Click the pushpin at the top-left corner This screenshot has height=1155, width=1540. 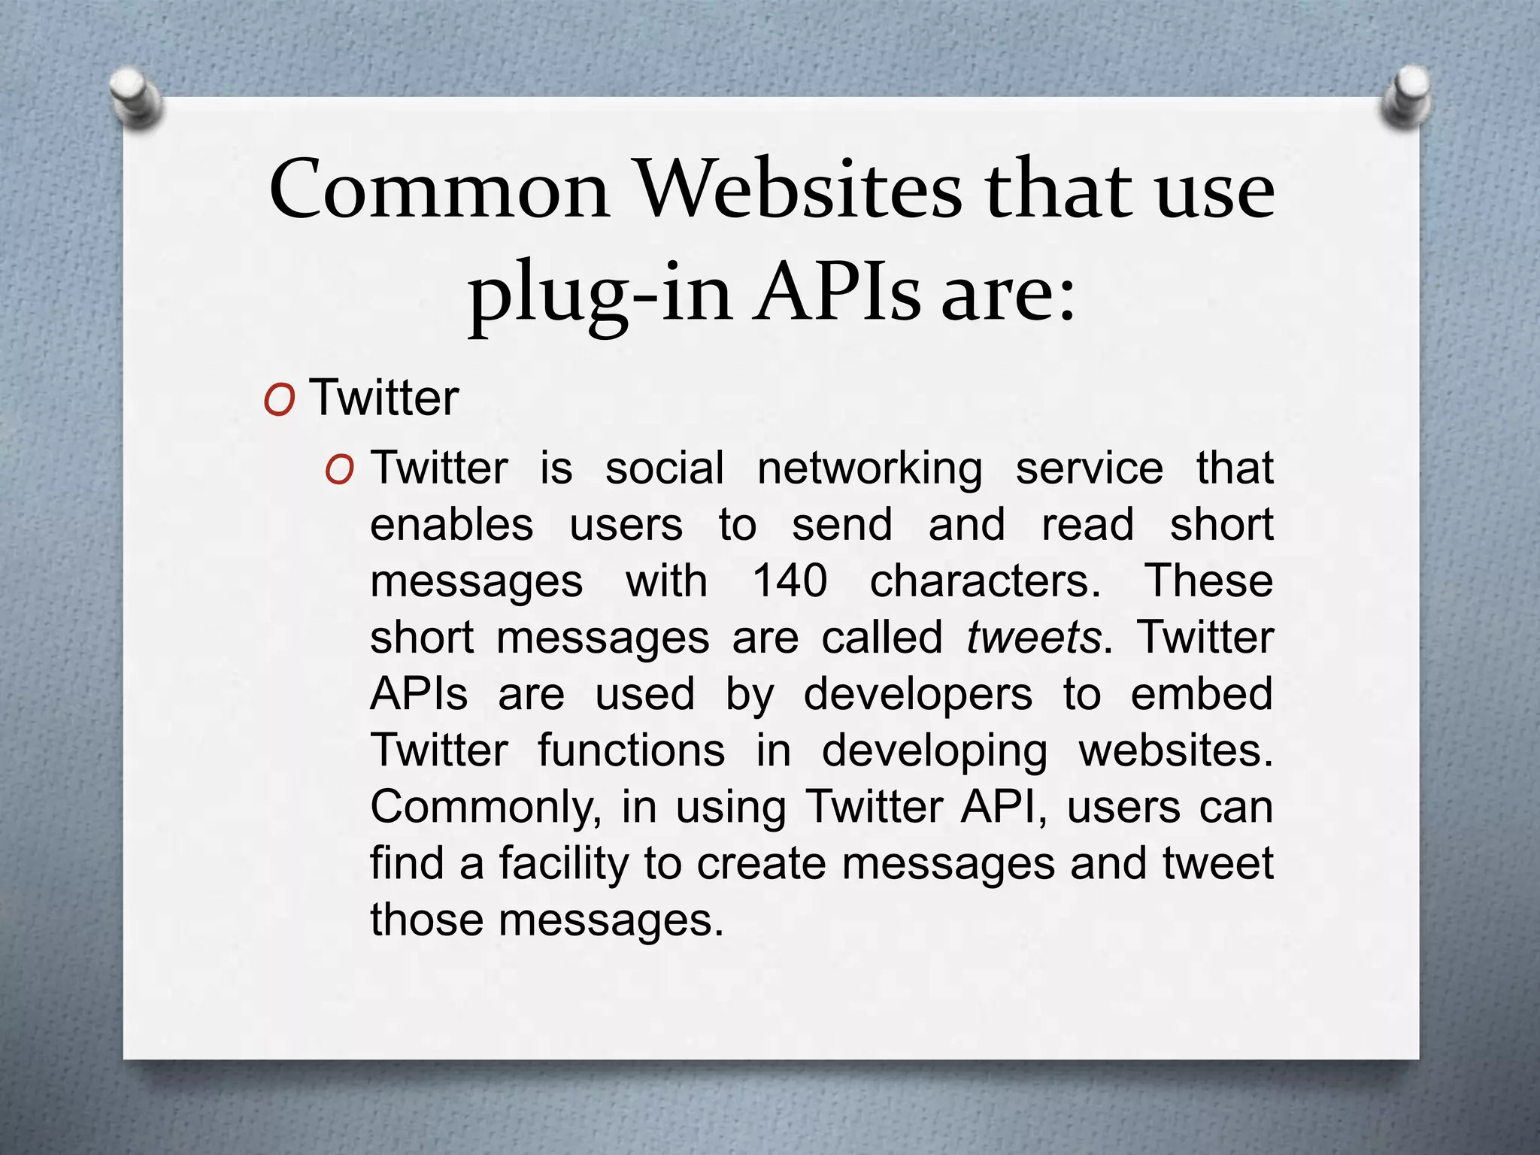(x=135, y=96)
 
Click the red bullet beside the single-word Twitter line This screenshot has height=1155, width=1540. (x=279, y=400)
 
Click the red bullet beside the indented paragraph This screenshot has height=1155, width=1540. (x=340, y=471)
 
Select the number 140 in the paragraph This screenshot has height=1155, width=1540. (x=790, y=581)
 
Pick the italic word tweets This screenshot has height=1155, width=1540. (x=1034, y=638)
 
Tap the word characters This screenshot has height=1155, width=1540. (x=985, y=581)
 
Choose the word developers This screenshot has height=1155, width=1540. (x=918, y=695)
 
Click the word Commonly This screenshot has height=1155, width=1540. (x=485, y=808)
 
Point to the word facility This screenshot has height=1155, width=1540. (x=563, y=864)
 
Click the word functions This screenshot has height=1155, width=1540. (x=632, y=750)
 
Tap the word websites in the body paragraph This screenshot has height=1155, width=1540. (x=1175, y=750)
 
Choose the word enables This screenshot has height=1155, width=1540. (x=452, y=525)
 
